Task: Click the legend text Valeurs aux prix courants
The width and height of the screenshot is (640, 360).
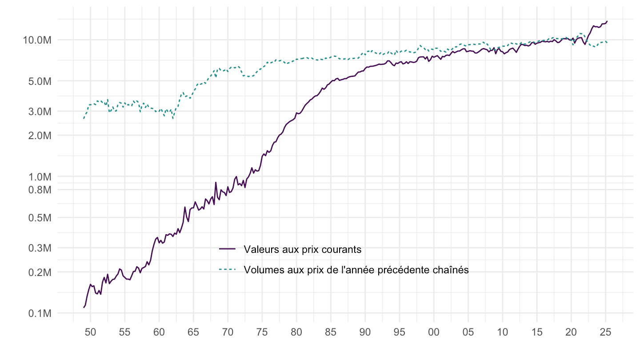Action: pos(302,249)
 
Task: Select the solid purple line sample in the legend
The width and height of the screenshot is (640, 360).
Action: pos(227,249)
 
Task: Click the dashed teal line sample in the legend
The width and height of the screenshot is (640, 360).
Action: pos(227,269)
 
